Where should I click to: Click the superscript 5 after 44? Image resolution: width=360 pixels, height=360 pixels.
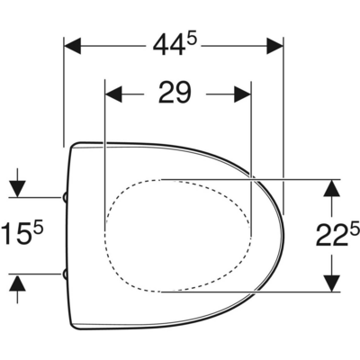(x=191, y=36)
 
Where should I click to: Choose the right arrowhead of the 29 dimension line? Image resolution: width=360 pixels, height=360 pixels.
(x=240, y=92)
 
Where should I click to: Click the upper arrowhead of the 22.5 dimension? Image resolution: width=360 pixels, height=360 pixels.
(x=331, y=187)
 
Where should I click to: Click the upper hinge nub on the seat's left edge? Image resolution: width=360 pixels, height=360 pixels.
(x=67, y=196)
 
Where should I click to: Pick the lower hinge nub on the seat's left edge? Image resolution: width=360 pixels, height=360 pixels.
(x=67, y=274)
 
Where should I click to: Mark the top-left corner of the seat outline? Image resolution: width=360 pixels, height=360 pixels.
(x=73, y=145)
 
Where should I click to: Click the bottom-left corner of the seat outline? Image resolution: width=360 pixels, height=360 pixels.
(x=73, y=325)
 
